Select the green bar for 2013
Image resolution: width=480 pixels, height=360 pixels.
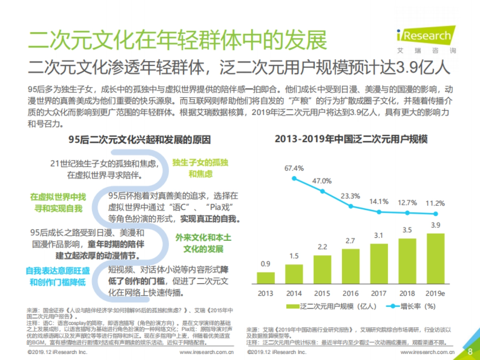(266, 278)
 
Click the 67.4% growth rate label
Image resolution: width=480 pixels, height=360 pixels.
(294, 168)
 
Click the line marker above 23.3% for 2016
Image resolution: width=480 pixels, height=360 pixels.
(351, 206)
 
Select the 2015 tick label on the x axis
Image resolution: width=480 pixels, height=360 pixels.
(322, 293)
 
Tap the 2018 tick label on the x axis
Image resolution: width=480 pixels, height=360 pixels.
(407, 293)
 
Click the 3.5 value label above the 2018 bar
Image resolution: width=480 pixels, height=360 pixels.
(407, 230)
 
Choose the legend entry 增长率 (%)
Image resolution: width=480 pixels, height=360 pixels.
(412, 306)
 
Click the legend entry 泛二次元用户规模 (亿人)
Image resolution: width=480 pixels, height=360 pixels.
(332, 306)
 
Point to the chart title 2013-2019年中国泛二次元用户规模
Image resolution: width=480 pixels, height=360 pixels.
(351, 140)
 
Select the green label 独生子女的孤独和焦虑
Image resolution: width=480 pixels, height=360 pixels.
(200, 168)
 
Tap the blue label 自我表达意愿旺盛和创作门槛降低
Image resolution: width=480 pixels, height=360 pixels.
(58, 276)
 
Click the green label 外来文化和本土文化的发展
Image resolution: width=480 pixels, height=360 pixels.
(203, 243)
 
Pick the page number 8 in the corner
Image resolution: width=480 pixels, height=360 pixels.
(470, 352)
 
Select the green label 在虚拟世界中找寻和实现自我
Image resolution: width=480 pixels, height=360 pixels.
(58, 203)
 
